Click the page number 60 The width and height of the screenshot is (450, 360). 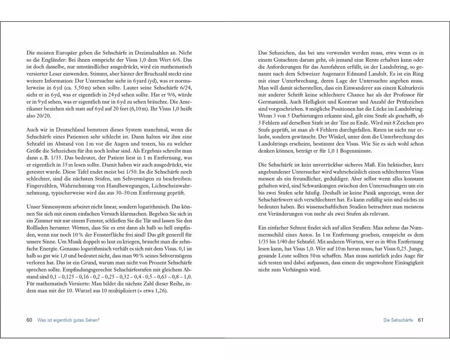(29, 320)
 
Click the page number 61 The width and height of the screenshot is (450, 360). (421, 320)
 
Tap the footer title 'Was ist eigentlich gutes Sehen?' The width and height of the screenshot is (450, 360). (68, 320)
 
